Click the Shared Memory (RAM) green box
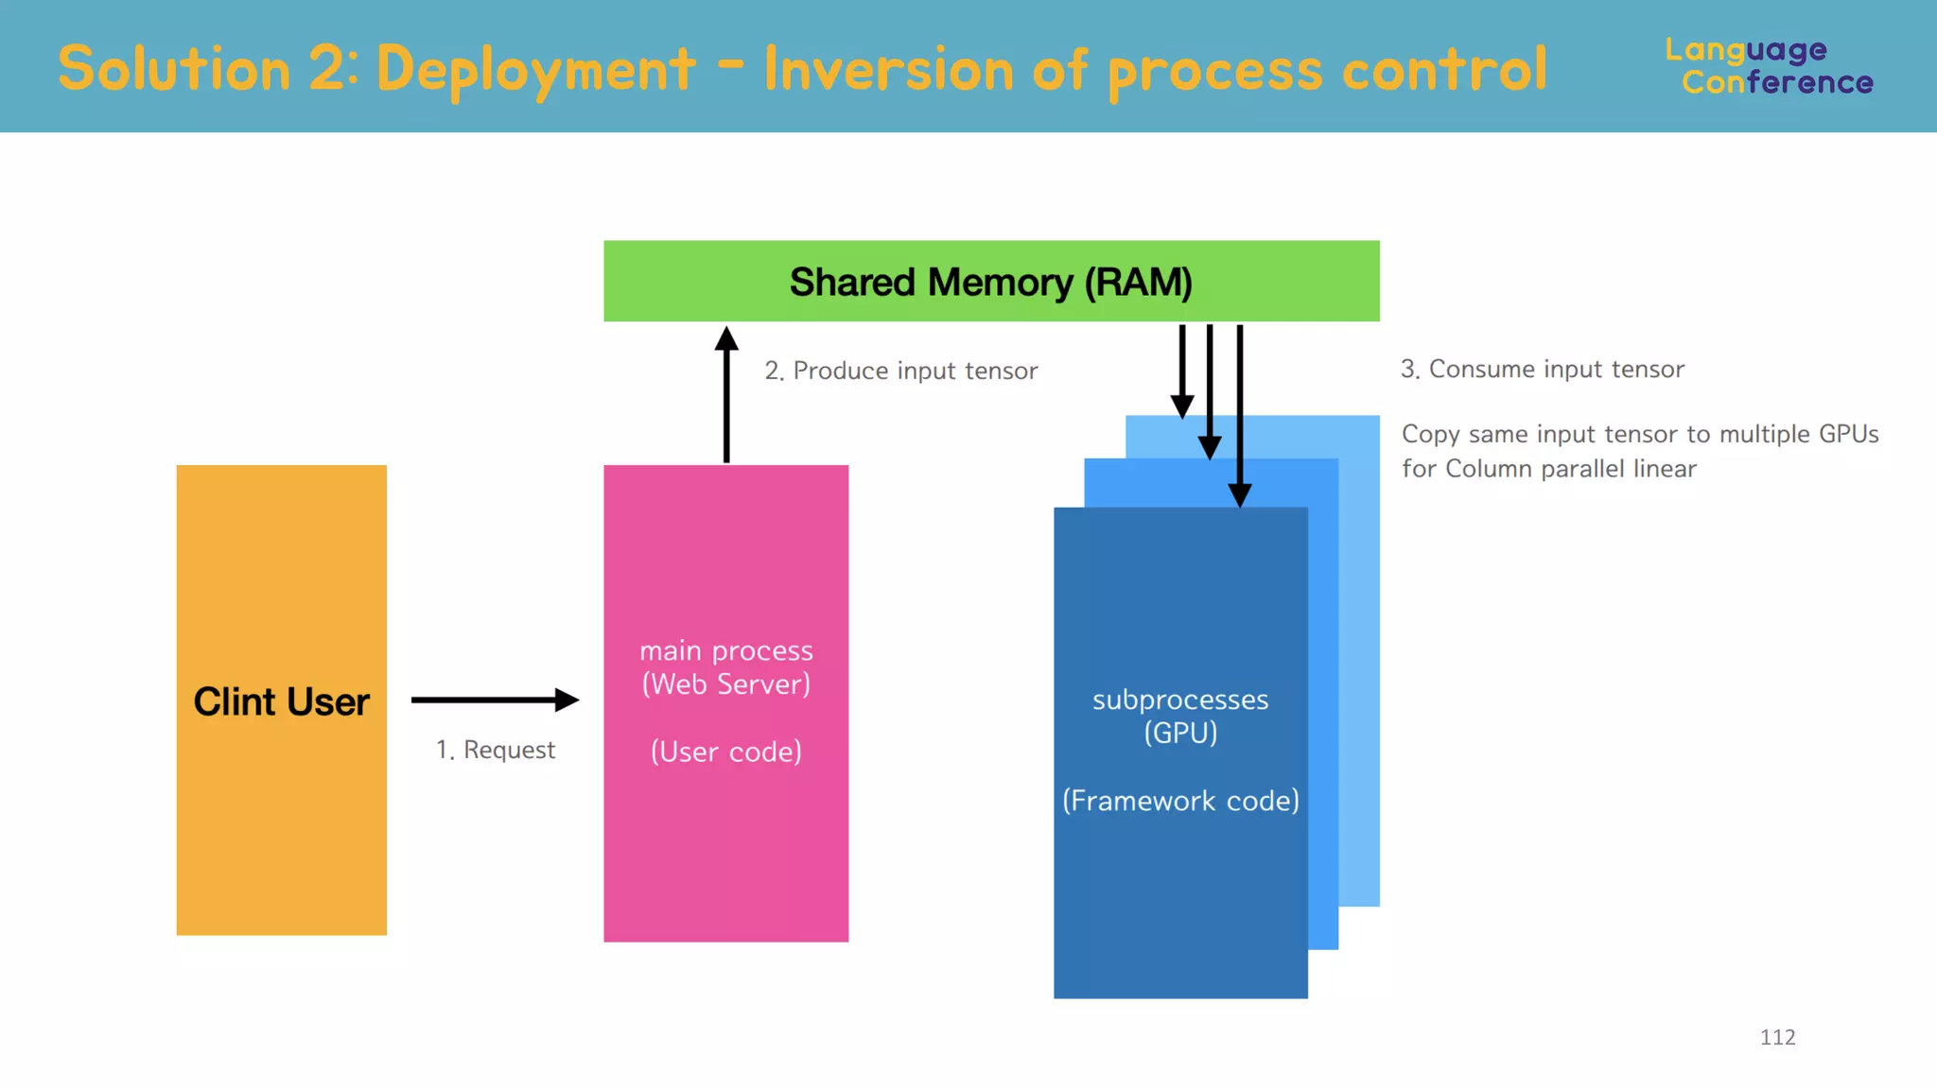click(991, 282)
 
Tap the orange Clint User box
click(281, 700)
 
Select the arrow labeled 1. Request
click(494, 700)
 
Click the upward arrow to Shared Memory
click(726, 397)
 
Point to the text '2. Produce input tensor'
click(900, 371)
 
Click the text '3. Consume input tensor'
click(1543, 369)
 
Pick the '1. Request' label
click(496, 750)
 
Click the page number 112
click(1777, 1037)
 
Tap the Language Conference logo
click(1769, 66)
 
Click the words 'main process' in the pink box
click(726, 650)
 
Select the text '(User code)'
click(726, 752)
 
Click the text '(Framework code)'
click(1180, 801)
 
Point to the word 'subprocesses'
click(1180, 700)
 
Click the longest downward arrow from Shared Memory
click(1240, 416)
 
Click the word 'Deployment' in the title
click(536, 70)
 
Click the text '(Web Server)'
click(726, 684)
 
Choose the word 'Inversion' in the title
click(889, 70)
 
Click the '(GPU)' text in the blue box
click(1180, 733)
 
